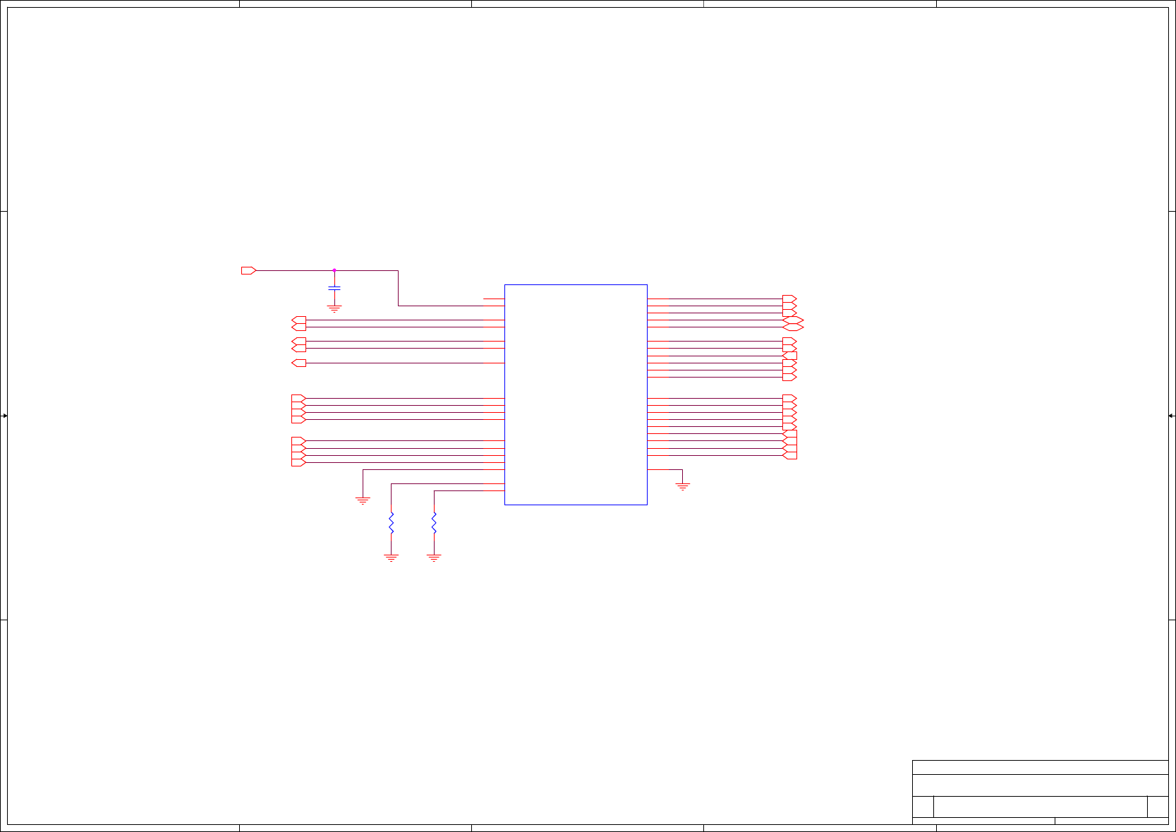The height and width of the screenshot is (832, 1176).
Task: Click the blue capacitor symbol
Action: tap(334, 288)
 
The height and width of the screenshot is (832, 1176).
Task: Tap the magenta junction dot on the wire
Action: tap(334, 270)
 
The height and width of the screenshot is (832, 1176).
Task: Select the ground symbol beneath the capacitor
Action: tap(334, 308)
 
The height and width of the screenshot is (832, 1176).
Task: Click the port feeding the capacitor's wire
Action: tap(248, 270)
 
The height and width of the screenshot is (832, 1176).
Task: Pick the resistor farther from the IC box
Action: tap(391, 523)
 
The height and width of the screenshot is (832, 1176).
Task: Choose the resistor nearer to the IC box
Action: tap(434, 523)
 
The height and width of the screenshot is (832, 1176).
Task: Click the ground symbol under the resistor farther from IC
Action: tap(391, 557)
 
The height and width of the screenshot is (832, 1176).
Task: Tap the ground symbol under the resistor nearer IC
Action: tap(434, 557)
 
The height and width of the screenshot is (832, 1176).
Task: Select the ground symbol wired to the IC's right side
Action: tap(682, 486)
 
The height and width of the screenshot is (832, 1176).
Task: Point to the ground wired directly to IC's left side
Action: tap(363, 500)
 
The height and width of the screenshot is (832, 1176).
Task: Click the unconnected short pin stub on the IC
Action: tap(494, 299)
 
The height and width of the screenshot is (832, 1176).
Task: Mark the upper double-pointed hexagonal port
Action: tap(793, 320)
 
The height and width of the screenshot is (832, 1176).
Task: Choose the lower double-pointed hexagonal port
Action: tap(793, 327)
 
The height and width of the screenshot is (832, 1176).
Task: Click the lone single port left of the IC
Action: tap(298, 363)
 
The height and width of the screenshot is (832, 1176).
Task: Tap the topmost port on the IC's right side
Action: tap(789, 299)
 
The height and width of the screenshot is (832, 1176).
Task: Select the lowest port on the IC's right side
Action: tap(790, 456)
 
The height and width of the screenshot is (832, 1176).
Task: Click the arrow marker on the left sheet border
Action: tap(4, 416)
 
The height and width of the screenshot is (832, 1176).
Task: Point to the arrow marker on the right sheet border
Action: tap(1171, 416)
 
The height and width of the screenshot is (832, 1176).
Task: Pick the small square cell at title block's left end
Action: tap(923, 807)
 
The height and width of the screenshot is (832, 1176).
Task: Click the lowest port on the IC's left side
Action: tap(298, 463)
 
